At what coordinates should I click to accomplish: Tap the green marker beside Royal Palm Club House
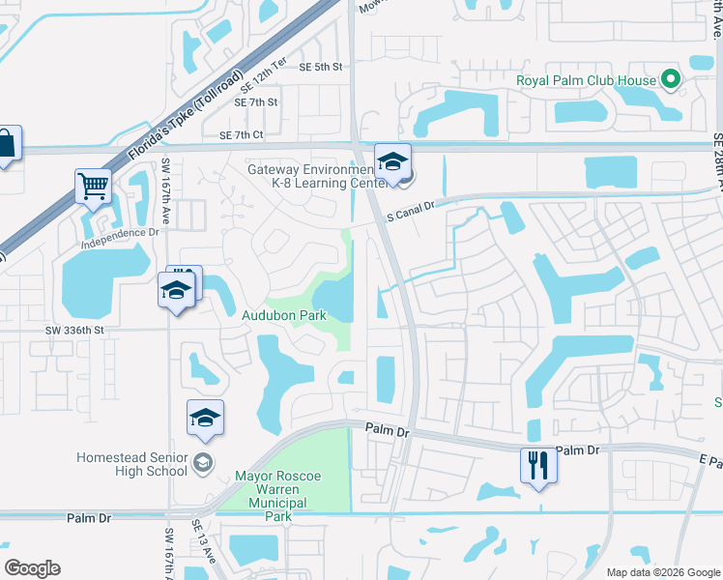click(670, 80)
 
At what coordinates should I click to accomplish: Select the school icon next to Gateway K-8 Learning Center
click(393, 162)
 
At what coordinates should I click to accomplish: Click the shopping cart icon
click(93, 186)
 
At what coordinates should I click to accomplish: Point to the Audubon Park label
click(283, 315)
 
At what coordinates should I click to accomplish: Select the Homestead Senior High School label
click(133, 464)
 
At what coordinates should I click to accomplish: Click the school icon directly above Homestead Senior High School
click(206, 418)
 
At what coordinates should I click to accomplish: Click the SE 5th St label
click(321, 67)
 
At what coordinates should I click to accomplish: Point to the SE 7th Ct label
click(242, 136)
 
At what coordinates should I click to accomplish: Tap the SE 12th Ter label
click(265, 76)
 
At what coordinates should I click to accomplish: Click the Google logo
click(32, 568)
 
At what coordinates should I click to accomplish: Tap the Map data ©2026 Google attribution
click(663, 572)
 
